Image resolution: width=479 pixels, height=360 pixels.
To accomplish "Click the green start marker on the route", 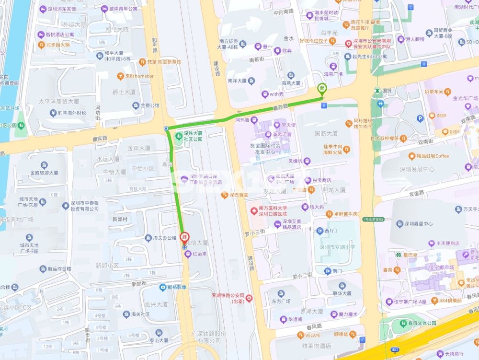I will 322,88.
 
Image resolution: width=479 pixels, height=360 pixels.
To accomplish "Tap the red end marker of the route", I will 185,237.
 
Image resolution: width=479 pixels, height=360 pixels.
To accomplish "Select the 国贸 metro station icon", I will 378,90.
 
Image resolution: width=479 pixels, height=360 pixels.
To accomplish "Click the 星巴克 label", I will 411,254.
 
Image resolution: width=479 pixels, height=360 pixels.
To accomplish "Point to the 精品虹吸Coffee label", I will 432,156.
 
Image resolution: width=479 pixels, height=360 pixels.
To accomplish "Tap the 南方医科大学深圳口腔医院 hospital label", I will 272,211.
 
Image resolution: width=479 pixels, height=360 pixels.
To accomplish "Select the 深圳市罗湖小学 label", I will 337,247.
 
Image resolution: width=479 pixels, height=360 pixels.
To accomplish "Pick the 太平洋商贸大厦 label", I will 58,102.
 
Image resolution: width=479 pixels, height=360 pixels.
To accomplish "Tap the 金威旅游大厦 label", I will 44,173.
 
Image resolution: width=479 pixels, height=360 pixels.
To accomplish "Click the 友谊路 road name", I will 417,194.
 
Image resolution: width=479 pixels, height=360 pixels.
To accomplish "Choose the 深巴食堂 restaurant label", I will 238,195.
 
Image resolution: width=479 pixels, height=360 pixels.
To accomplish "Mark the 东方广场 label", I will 281,302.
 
